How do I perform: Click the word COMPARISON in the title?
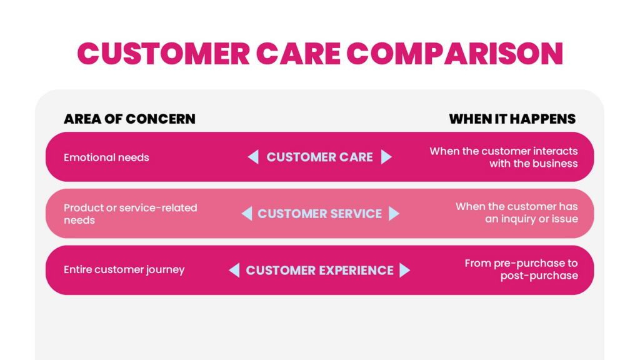pyautogui.click(x=454, y=54)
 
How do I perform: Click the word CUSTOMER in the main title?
pyautogui.click(x=162, y=54)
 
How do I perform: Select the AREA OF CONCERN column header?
pyautogui.click(x=129, y=119)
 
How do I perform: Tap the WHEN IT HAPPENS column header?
pyautogui.click(x=512, y=119)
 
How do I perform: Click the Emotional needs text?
pyautogui.click(x=106, y=157)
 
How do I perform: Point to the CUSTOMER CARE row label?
pyautogui.click(x=319, y=157)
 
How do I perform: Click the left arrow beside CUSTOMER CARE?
pyautogui.click(x=253, y=157)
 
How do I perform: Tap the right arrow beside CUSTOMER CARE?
pyautogui.click(x=386, y=157)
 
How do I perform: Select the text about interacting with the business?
pyautogui.click(x=504, y=157)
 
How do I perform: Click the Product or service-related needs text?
pyautogui.click(x=130, y=214)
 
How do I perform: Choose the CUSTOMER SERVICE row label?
pyautogui.click(x=319, y=214)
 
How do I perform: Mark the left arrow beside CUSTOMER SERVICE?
pyautogui.click(x=247, y=214)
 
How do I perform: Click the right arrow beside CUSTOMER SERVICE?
pyautogui.click(x=393, y=214)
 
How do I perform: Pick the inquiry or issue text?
pyautogui.click(x=517, y=212)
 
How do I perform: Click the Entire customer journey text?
pyautogui.click(x=124, y=270)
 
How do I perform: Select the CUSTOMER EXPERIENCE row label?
pyautogui.click(x=319, y=270)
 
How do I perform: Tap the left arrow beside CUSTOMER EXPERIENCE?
pyautogui.click(x=234, y=270)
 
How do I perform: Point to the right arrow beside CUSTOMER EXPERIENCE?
pyautogui.click(x=405, y=270)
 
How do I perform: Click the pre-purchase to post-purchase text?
pyautogui.click(x=521, y=269)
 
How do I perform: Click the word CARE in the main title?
pyautogui.click(x=297, y=54)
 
